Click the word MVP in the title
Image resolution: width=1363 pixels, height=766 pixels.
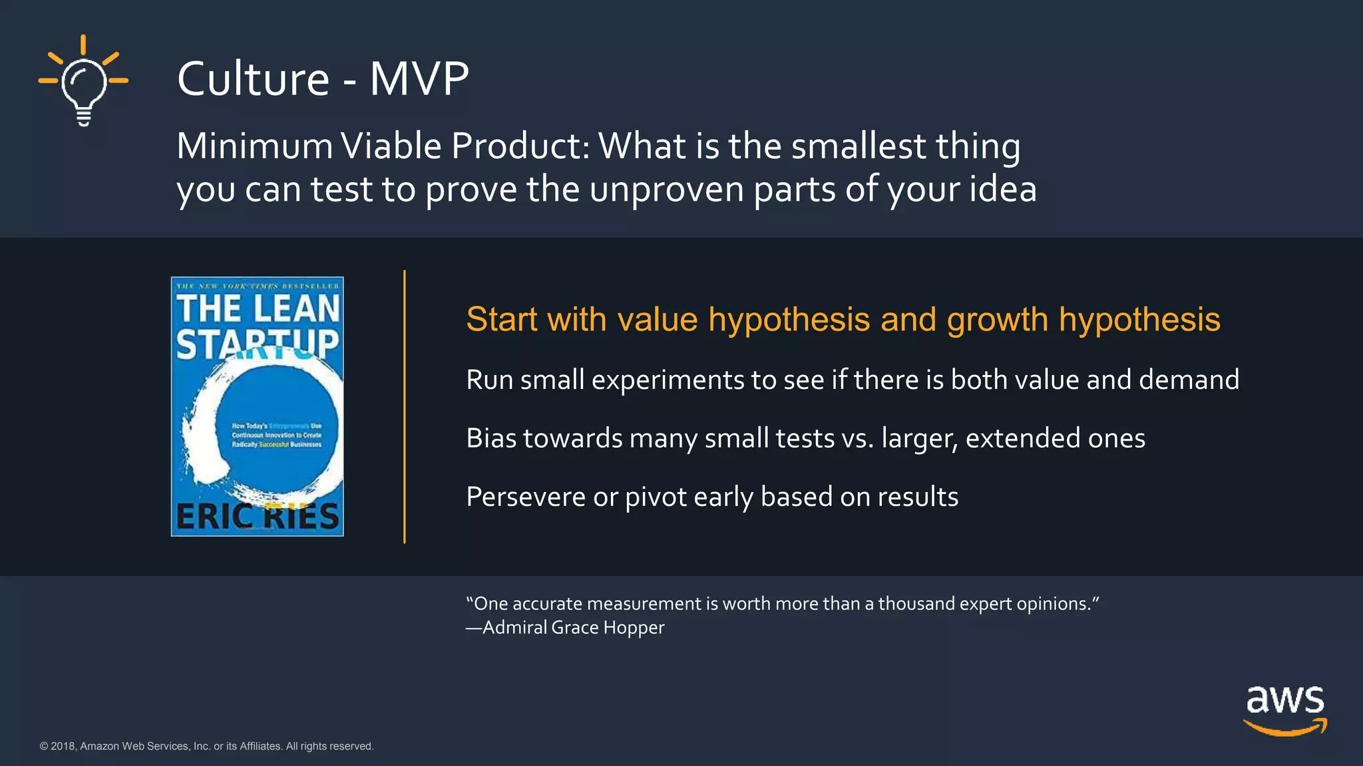419,79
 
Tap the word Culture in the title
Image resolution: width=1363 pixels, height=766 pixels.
253,79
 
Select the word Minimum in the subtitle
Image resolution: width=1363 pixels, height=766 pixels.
254,146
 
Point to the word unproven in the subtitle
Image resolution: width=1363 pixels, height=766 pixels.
666,190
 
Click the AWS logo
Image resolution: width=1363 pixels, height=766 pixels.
1285,710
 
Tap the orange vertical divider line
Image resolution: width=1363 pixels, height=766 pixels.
404,406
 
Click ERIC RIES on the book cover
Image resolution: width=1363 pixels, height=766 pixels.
258,517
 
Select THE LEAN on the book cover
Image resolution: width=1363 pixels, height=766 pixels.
258,309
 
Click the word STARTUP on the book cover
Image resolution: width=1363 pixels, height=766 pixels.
258,344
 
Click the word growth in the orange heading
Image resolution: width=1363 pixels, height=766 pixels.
997,320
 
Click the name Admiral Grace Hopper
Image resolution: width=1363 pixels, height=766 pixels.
573,628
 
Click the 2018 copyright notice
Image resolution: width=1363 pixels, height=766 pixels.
206,746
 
